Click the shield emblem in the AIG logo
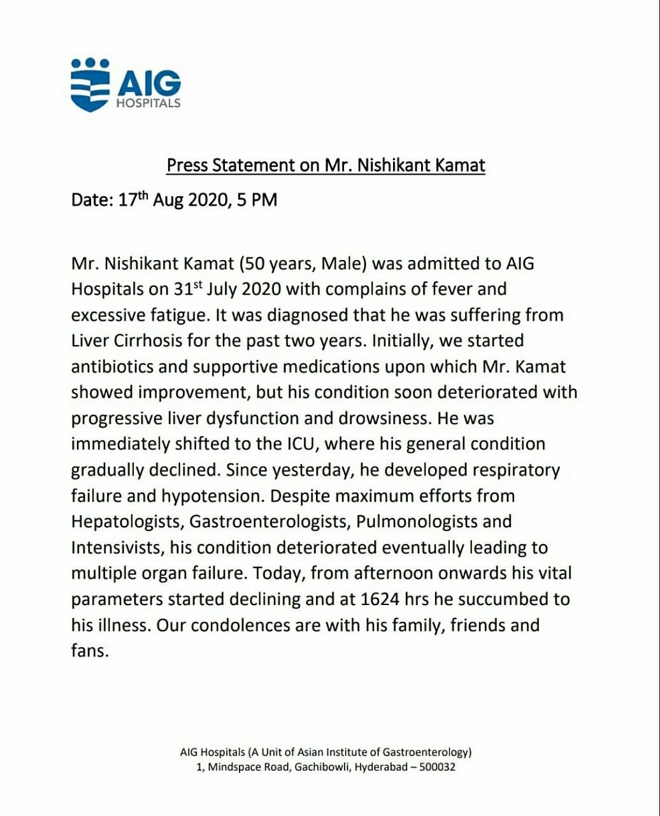click(90, 89)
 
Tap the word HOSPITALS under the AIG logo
click(148, 103)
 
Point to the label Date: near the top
click(92, 200)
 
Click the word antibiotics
click(114, 367)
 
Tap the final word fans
click(90, 651)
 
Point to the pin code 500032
click(436, 767)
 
